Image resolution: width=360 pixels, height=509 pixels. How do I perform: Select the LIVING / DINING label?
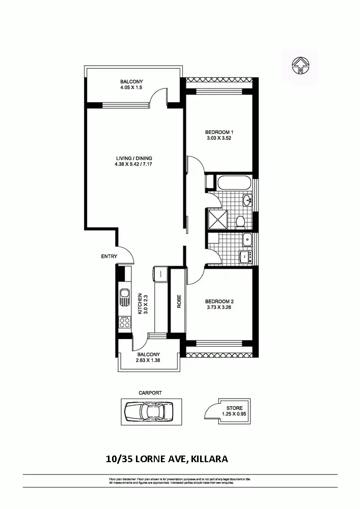(133, 158)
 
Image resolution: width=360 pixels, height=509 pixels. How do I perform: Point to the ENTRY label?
(109, 257)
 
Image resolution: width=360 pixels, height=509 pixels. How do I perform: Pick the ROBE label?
(179, 302)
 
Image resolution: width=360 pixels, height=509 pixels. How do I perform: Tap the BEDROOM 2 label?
(219, 301)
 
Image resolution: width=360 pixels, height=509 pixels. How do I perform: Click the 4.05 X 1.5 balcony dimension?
(131, 88)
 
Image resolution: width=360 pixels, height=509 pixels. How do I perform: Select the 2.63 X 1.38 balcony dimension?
(148, 361)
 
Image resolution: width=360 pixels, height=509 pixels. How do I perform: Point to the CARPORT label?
(150, 393)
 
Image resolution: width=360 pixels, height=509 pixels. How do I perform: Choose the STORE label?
(235, 408)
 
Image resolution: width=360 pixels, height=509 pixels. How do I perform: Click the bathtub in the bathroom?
(233, 183)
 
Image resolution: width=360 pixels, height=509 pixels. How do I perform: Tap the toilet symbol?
(240, 221)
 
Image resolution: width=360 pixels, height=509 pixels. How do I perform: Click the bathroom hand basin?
(247, 200)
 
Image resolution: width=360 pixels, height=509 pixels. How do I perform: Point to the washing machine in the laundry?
(246, 257)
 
